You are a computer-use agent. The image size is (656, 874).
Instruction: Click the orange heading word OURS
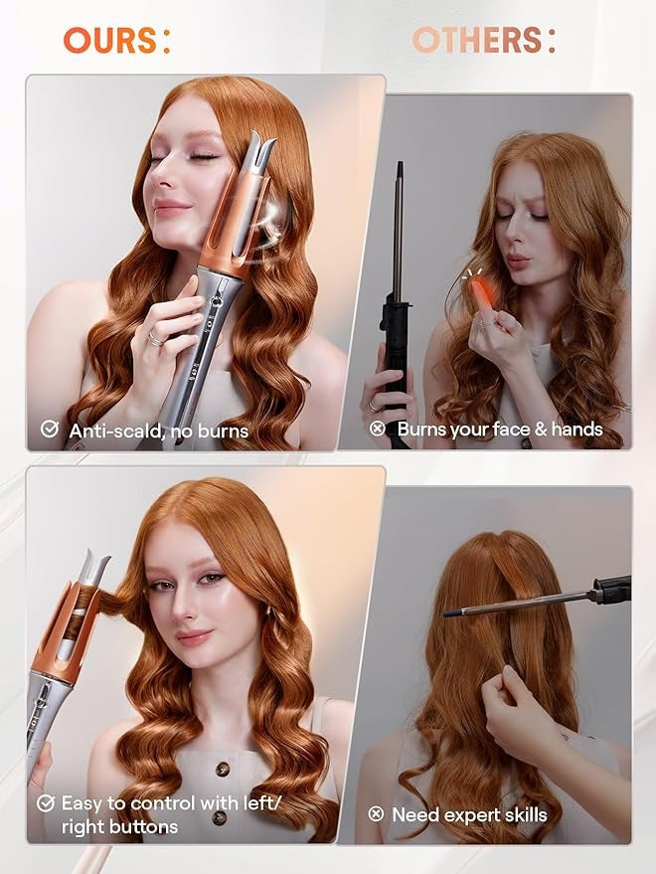(x=109, y=40)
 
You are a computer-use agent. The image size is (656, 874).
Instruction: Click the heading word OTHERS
(x=476, y=40)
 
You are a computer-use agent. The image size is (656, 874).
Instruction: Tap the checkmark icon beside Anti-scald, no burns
(x=49, y=430)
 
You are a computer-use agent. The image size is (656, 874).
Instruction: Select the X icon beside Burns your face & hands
(x=377, y=430)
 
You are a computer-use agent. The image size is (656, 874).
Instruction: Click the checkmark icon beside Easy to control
(x=46, y=802)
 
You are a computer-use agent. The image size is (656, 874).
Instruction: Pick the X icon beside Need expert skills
(x=376, y=814)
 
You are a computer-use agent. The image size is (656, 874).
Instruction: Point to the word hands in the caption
(x=574, y=430)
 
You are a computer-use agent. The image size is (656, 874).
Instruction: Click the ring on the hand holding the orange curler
(x=156, y=338)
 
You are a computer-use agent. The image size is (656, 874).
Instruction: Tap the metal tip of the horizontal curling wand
(x=452, y=612)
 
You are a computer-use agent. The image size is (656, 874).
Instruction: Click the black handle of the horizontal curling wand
(x=612, y=590)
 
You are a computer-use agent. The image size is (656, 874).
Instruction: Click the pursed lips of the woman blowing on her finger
(x=518, y=262)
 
